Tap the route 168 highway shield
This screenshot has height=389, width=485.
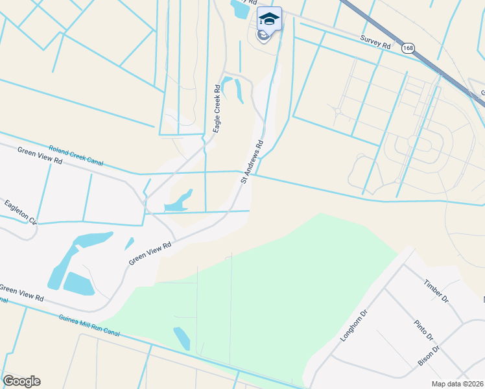click(407, 49)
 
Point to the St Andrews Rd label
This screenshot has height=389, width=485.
click(253, 161)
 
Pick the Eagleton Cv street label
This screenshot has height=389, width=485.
click(20, 211)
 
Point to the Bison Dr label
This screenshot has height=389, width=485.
click(429, 356)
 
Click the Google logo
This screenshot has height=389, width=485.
click(21, 381)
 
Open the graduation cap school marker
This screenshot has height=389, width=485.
click(269, 19)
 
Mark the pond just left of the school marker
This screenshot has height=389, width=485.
click(240, 9)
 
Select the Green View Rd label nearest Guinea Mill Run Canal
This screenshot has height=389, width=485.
click(22, 293)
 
